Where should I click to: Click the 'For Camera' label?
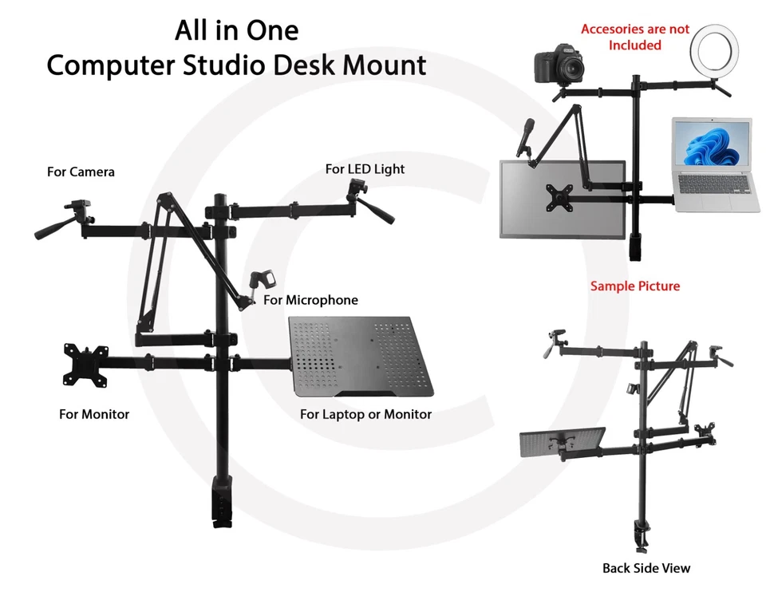click(81, 172)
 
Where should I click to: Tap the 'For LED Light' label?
click(365, 169)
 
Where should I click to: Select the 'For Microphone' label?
click(310, 301)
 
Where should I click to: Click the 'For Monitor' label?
click(94, 414)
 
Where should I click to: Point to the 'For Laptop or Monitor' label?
click(365, 414)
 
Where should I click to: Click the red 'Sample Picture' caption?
click(635, 286)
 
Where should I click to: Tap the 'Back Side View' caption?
click(646, 568)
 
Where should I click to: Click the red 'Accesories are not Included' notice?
click(635, 37)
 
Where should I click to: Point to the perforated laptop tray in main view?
click(363, 355)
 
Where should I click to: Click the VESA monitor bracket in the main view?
click(86, 364)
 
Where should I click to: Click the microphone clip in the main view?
click(263, 282)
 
